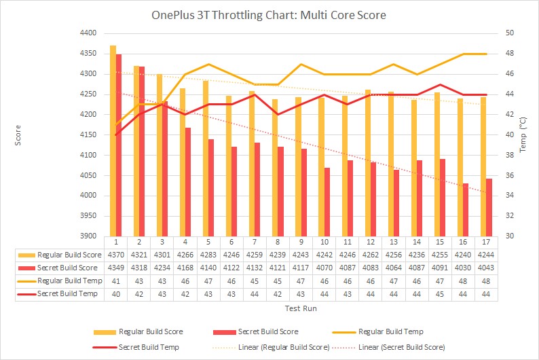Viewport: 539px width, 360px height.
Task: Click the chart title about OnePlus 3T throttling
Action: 269,14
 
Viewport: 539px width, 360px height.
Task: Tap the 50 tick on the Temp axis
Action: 510,33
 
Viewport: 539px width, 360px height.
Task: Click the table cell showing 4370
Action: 116,255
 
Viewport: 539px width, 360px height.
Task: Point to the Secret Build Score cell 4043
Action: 485,268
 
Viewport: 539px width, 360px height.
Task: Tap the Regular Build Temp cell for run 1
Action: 116,281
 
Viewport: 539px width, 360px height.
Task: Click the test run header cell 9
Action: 301,242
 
